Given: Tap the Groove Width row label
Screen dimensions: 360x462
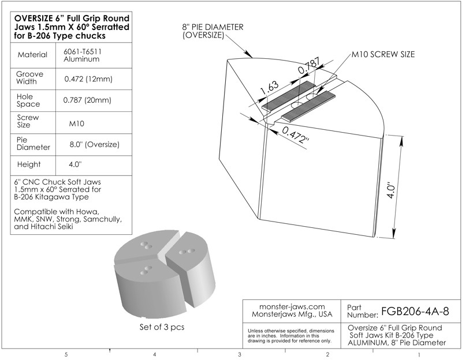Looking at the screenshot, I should pos(27,78).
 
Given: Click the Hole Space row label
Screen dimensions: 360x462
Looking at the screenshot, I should pos(27,100).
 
